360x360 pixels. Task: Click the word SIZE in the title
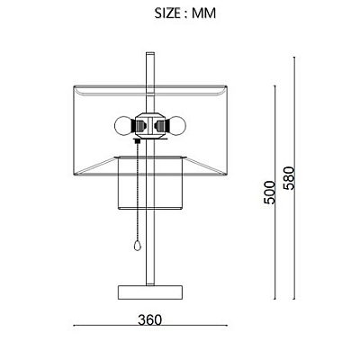click(x=167, y=13)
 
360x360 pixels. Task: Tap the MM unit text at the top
click(x=204, y=13)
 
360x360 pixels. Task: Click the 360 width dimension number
click(x=149, y=320)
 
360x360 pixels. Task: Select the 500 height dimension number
click(x=269, y=193)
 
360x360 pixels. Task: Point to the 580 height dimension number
click(x=290, y=178)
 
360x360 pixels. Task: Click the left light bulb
click(x=123, y=126)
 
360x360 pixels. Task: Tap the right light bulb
click(x=176, y=126)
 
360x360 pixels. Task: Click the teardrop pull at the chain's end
click(x=137, y=246)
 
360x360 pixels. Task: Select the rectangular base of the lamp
click(x=150, y=292)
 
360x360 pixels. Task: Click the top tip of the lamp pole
click(x=150, y=53)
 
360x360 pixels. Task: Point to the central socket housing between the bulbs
click(x=150, y=126)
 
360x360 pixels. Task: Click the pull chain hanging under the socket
click(x=138, y=192)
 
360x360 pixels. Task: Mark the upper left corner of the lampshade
click(x=74, y=86)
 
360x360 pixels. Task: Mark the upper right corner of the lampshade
click(x=227, y=86)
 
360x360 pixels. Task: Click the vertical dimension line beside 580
click(x=294, y=178)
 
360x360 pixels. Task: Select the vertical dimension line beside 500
click(x=274, y=193)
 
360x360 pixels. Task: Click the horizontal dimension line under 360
click(x=150, y=325)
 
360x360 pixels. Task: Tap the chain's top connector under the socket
click(x=138, y=141)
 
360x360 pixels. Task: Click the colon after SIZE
click(x=185, y=14)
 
